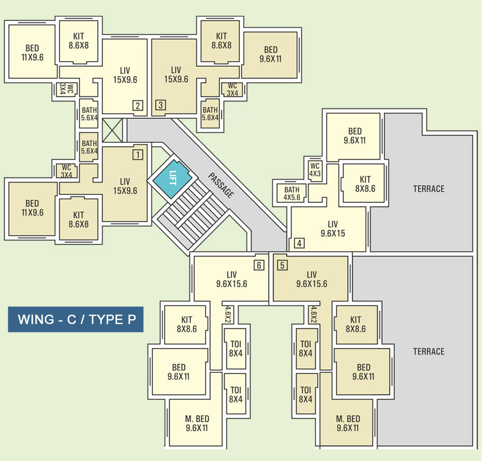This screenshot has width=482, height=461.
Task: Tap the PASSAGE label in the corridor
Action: (221, 185)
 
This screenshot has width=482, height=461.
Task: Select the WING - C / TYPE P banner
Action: (75, 319)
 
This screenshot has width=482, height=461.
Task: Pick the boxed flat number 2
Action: (137, 106)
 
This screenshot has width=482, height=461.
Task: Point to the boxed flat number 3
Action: (160, 106)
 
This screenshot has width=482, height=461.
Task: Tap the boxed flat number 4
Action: (299, 243)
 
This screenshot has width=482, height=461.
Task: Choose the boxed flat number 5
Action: (282, 265)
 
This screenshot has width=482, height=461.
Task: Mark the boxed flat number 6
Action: (260, 265)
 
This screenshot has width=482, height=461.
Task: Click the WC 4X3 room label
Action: (315, 169)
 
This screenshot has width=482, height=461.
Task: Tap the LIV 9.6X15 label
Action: (333, 228)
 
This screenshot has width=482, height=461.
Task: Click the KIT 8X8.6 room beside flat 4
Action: (365, 184)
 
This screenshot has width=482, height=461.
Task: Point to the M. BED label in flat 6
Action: (197, 423)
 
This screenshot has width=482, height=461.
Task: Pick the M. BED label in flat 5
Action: (348, 423)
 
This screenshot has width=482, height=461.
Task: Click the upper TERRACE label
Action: (429, 189)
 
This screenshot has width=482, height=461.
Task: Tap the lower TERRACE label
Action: (429, 351)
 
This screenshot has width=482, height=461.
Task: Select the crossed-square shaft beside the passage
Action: (112, 131)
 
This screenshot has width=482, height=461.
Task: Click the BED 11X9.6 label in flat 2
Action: (32, 53)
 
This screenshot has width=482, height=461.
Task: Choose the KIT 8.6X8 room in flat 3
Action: (221, 41)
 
